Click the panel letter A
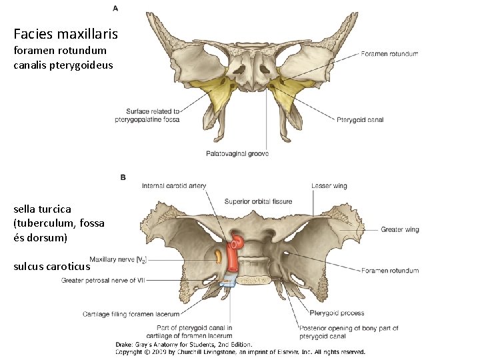[115, 8]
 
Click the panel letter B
[123, 177]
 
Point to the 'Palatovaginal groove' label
[237, 154]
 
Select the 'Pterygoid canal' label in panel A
[361, 120]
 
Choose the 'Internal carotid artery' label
[174, 185]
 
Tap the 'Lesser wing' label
[329, 185]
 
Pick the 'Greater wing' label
[400, 230]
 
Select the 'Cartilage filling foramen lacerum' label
[131, 313]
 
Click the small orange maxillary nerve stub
[219, 255]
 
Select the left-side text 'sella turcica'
[42, 209]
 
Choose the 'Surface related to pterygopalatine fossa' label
[153, 115]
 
